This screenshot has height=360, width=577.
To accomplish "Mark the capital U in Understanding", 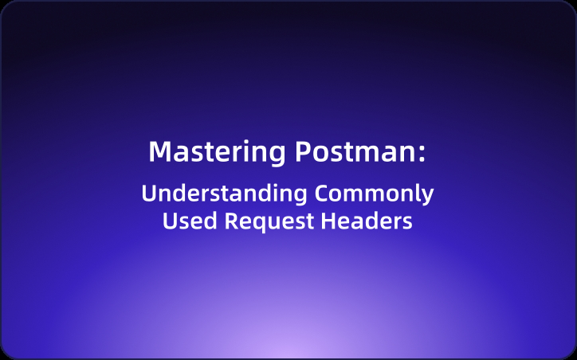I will pyautogui.click(x=148, y=194).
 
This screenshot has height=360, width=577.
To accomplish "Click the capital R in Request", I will pyautogui.click(x=230, y=221).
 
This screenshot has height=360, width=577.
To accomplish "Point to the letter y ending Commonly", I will pyautogui.click(x=428, y=197).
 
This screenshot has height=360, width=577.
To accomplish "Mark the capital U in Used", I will pyautogui.click(x=170, y=221).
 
